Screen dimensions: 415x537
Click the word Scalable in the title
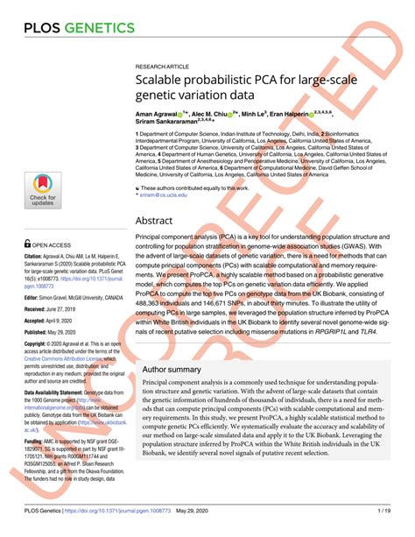pyautogui.click(x=161, y=84)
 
